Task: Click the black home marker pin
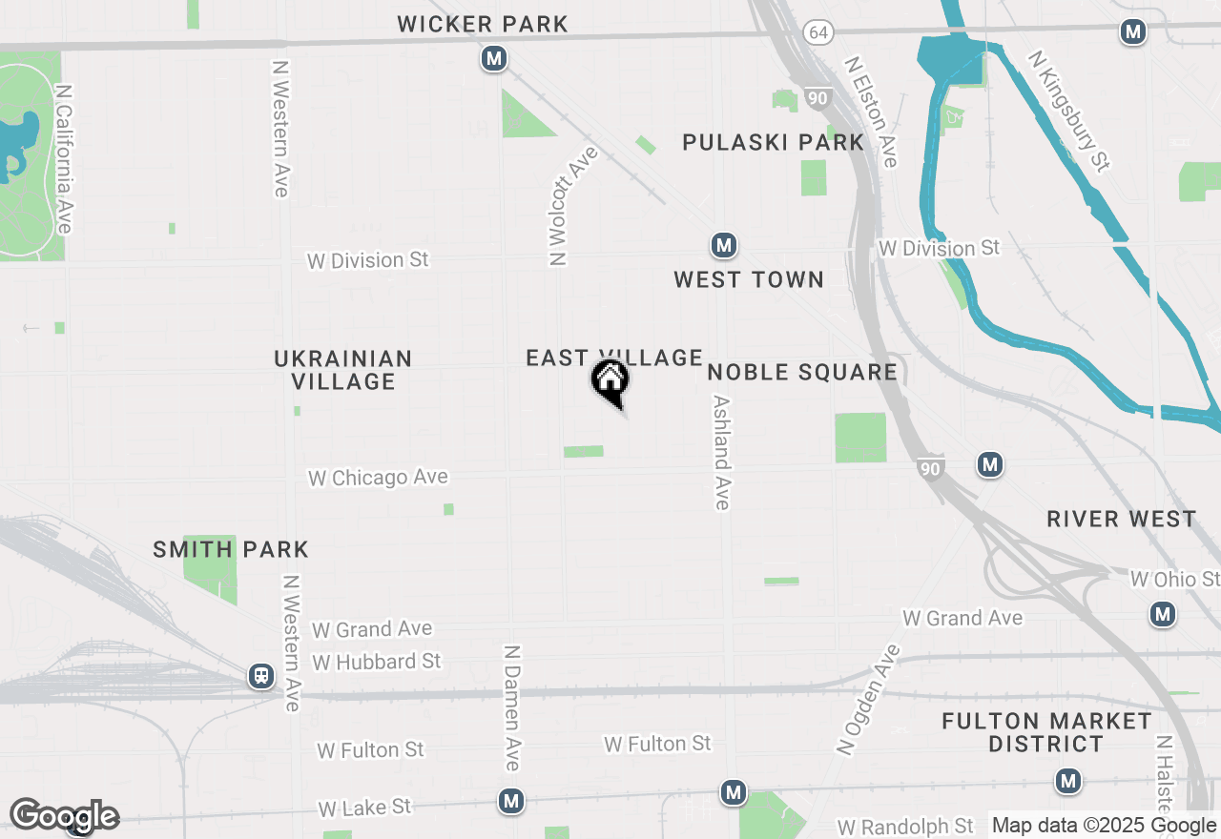click(610, 381)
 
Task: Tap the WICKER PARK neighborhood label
click(483, 24)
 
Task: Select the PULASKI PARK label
click(773, 143)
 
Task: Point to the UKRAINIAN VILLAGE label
click(343, 370)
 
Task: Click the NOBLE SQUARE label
click(802, 372)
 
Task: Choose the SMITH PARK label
click(231, 550)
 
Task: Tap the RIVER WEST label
click(1121, 520)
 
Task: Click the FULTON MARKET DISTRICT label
click(1046, 732)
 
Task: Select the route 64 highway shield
click(817, 32)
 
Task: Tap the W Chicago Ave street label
click(378, 478)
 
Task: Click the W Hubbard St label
click(377, 661)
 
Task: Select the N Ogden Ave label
click(868, 700)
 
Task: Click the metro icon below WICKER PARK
click(493, 59)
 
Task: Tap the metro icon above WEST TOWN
click(724, 246)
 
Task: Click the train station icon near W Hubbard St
click(260, 676)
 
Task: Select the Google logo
click(64, 816)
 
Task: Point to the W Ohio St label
click(1174, 579)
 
